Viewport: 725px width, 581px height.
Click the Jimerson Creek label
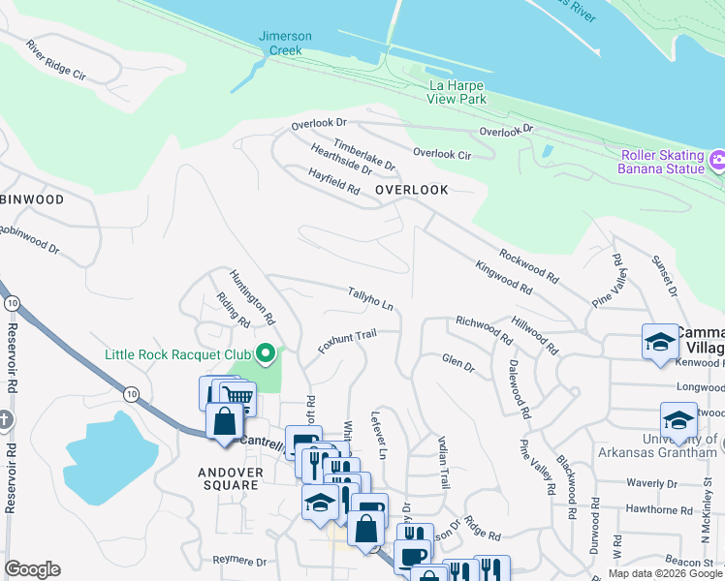285,43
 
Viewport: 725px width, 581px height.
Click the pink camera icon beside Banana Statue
717,159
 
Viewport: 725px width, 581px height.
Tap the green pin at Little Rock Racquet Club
264,354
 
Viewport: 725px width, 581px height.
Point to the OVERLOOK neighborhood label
412,190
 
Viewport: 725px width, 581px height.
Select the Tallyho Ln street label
370,298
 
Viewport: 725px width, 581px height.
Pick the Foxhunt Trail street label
346,342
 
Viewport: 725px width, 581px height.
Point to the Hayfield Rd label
333,182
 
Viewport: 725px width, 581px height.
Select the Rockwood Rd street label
528,266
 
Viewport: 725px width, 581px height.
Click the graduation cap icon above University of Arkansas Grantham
678,419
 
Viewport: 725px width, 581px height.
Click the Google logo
32,569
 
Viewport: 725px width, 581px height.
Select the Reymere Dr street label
239,561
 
